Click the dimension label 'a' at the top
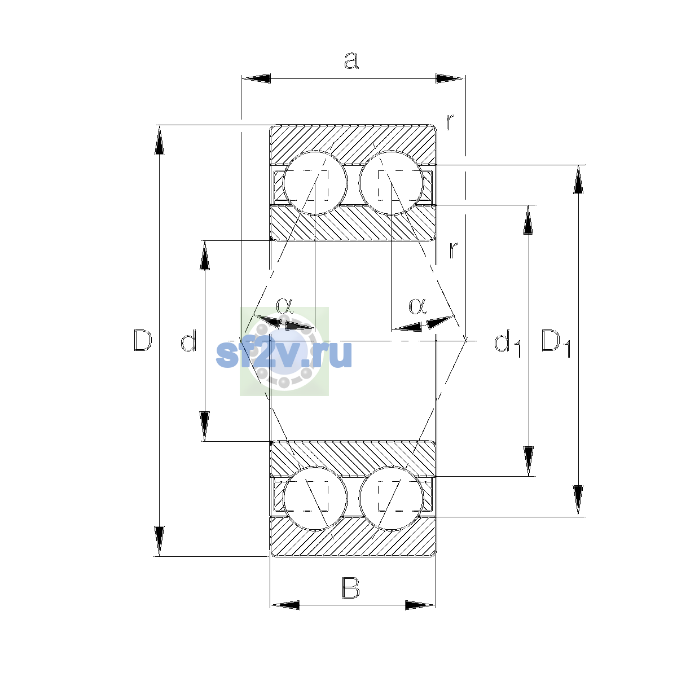tap(351, 60)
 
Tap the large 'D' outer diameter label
tap(143, 340)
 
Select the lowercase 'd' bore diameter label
tap(188, 340)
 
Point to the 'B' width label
tap(350, 588)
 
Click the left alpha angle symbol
tap(284, 305)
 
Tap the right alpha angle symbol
tap(417, 306)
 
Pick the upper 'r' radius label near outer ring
tap(450, 121)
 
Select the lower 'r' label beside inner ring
tap(454, 250)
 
